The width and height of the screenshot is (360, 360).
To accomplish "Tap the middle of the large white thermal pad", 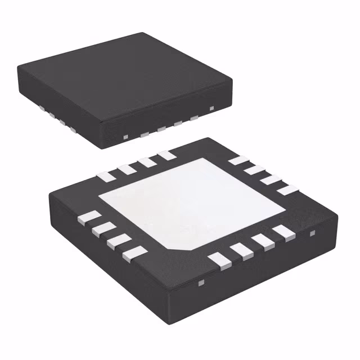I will tap(191, 203).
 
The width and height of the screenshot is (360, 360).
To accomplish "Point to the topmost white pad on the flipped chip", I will tap(166, 154).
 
